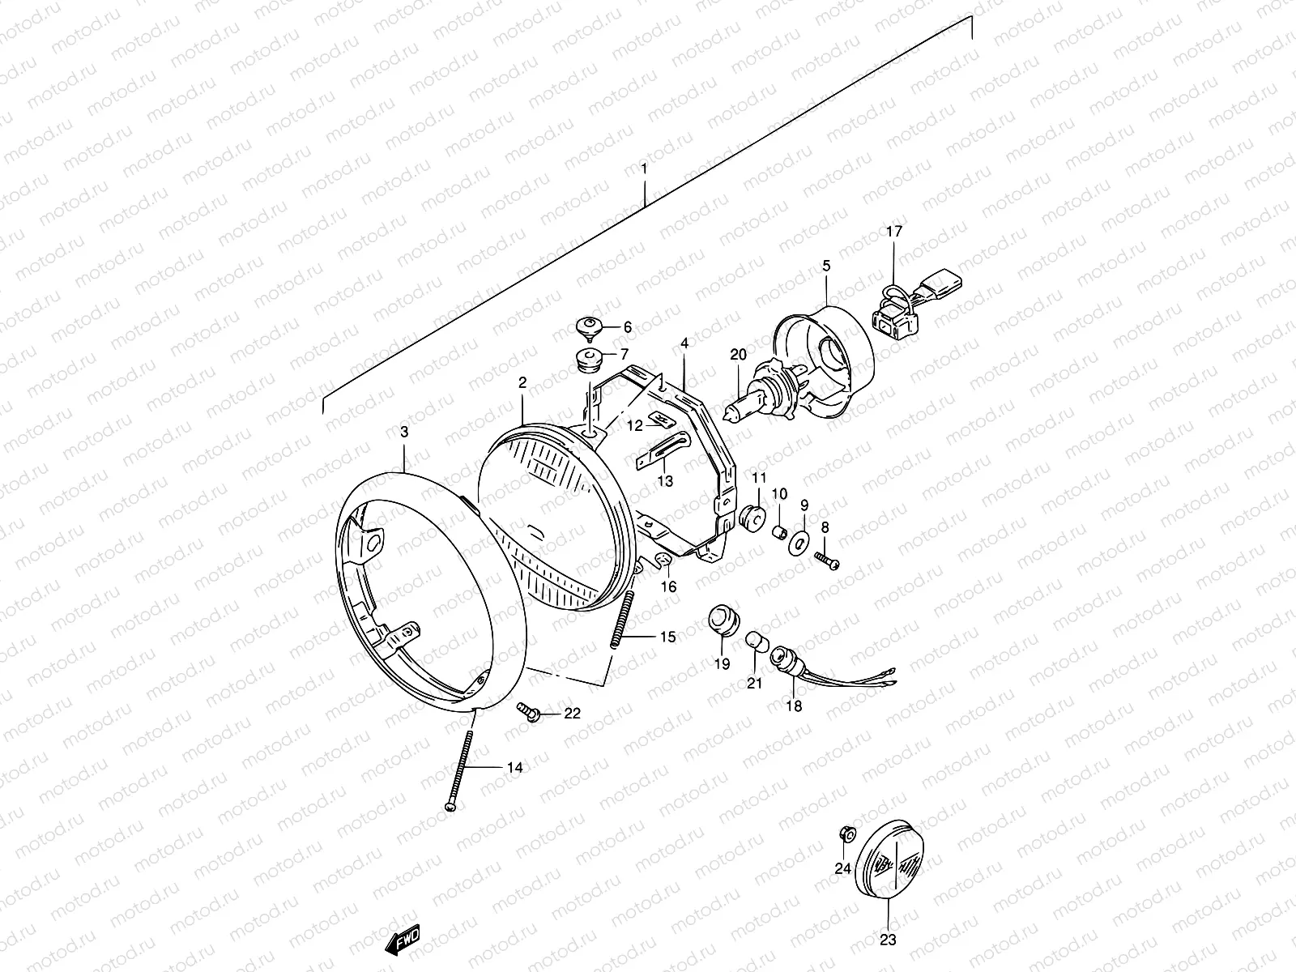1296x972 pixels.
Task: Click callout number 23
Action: [x=888, y=940]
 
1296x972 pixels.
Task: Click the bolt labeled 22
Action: [x=529, y=713]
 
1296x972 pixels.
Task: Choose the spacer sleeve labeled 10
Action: [x=780, y=533]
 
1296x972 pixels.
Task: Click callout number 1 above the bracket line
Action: [x=644, y=169]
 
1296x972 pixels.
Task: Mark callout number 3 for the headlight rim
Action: [x=404, y=433]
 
